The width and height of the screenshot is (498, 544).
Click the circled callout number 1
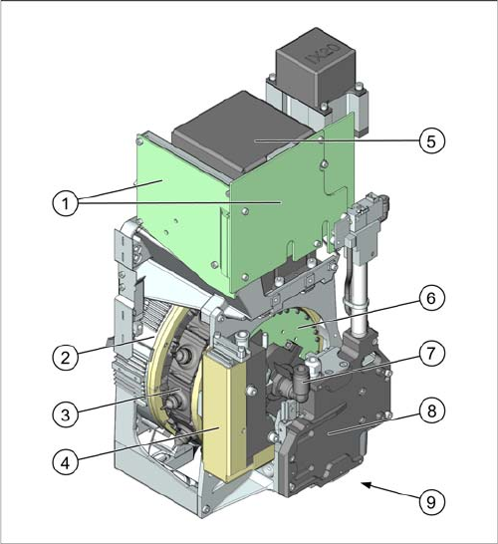point(66,203)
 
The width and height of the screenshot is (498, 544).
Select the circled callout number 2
point(66,357)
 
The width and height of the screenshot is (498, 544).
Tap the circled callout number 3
point(66,414)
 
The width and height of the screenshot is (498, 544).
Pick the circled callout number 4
point(66,462)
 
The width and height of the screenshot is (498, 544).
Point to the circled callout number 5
point(431,140)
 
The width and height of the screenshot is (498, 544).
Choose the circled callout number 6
point(431,298)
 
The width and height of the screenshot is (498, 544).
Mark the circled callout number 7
point(431,353)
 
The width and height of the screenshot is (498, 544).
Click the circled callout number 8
point(431,410)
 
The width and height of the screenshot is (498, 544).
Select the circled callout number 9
point(431,502)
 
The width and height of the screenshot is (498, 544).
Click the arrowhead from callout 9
point(367,484)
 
